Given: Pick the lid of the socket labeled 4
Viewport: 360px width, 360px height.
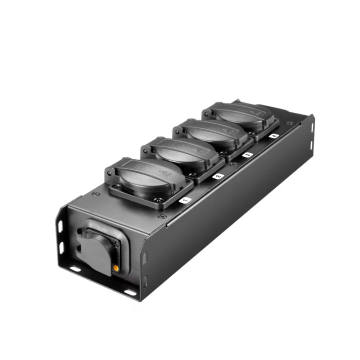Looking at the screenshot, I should coord(239,114).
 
